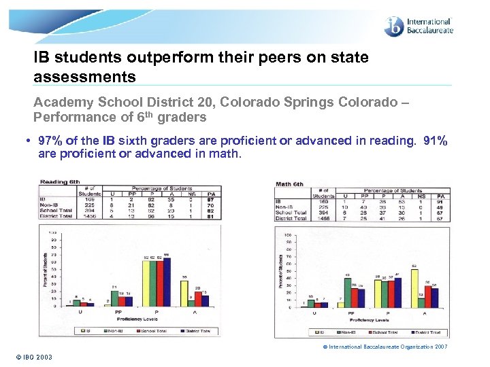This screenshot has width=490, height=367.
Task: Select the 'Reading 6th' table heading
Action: (61, 181)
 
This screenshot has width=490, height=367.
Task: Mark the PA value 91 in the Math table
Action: (441, 202)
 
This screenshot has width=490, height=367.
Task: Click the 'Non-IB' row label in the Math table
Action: (284, 207)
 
